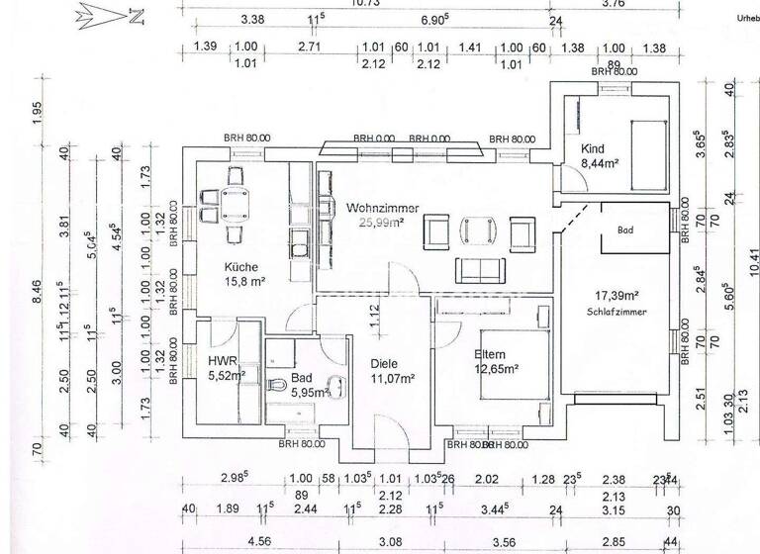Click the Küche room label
pyautogui.click(x=242, y=267)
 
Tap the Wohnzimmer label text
pyautogui.click(x=382, y=208)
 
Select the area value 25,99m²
pyautogui.click(x=381, y=223)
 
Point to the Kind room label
pyautogui.click(x=593, y=149)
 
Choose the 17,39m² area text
pyautogui.click(x=616, y=295)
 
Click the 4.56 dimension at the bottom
pyautogui.click(x=232, y=541)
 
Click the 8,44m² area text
pyautogui.click(x=600, y=164)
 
